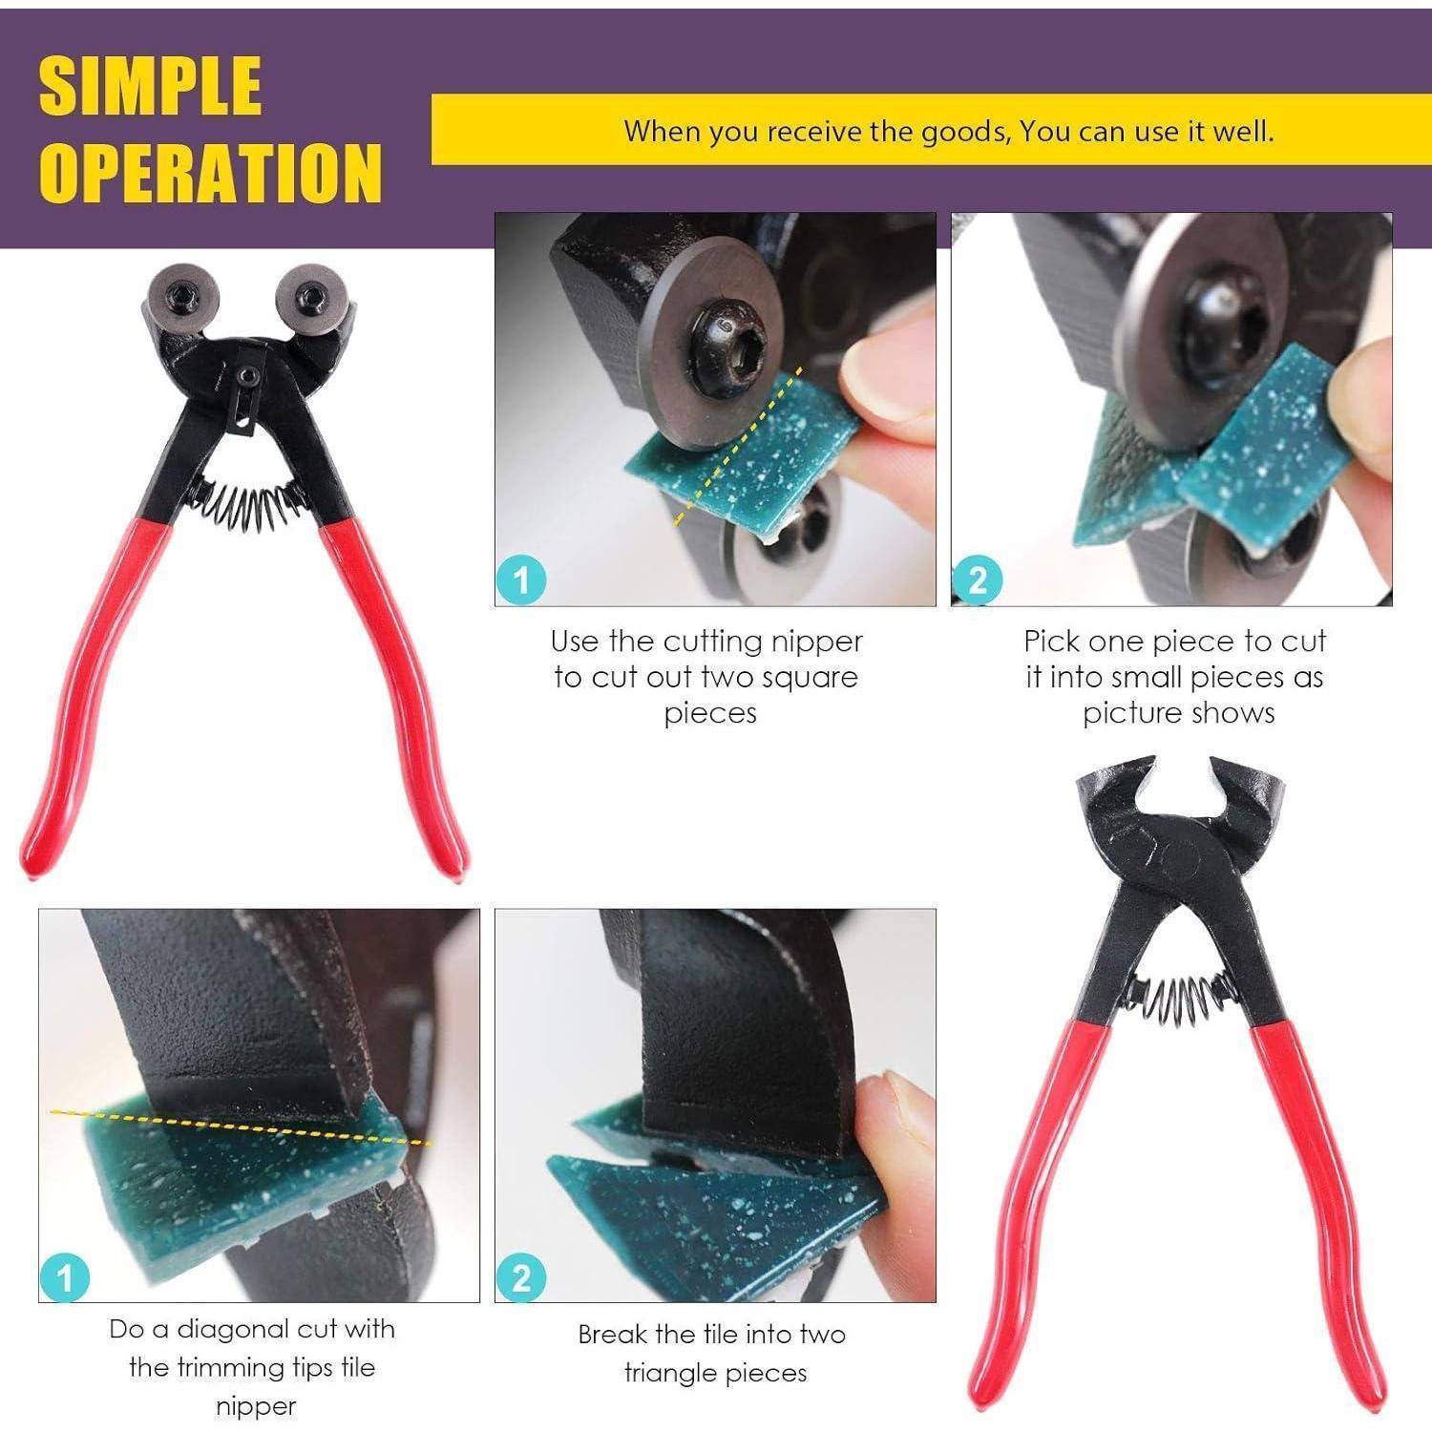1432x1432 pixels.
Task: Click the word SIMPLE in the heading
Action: click(x=150, y=85)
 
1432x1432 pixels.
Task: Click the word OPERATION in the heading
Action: click(x=210, y=172)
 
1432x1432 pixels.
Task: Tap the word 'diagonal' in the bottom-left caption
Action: click(x=257, y=1329)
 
